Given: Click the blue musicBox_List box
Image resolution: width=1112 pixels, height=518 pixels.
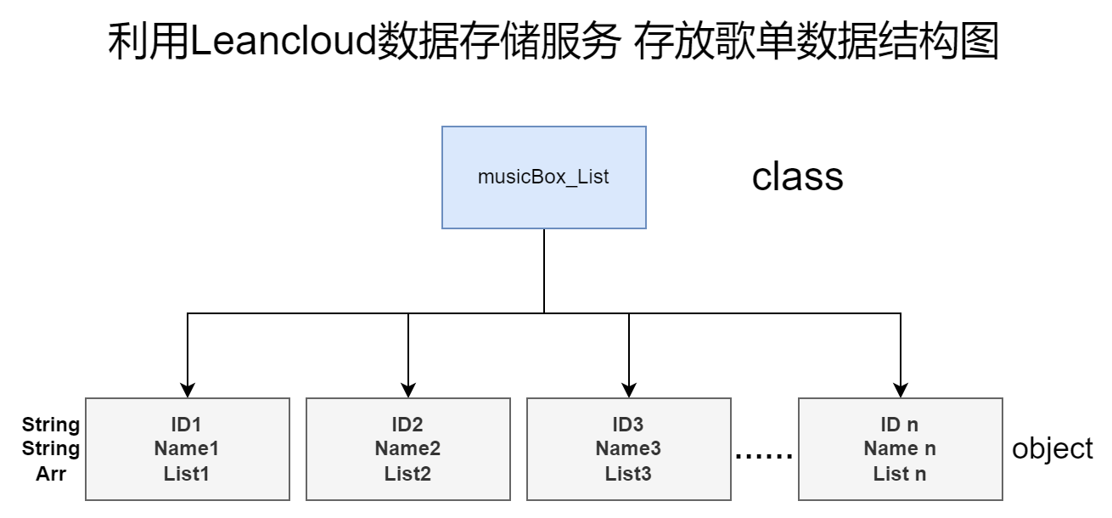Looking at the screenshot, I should [544, 177].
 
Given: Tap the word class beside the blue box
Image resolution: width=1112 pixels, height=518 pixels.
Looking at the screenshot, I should [797, 177].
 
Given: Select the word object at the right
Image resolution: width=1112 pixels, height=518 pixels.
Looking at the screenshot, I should [1053, 449].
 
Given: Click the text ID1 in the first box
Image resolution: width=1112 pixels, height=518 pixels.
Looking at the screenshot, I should [187, 425].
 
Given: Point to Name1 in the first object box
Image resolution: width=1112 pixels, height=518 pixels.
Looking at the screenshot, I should [187, 449].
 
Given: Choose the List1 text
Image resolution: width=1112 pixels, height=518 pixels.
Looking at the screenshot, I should [187, 474].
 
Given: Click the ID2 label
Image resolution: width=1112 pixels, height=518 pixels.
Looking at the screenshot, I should [407, 425].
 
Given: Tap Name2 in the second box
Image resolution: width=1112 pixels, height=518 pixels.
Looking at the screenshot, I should [407, 449].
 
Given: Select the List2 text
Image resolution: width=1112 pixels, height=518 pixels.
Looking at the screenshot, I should [407, 474].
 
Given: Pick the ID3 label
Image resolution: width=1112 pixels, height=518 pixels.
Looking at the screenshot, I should [628, 425].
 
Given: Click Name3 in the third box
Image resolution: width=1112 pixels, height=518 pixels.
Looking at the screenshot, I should [628, 449].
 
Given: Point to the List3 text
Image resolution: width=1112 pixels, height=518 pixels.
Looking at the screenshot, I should [628, 474].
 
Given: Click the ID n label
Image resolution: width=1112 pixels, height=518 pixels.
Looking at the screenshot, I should [900, 425].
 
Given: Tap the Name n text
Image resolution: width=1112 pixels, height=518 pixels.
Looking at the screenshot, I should [900, 449].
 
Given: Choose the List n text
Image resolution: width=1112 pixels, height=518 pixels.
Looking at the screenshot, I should [900, 474].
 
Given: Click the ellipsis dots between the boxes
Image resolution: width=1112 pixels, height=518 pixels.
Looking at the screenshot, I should [764, 457].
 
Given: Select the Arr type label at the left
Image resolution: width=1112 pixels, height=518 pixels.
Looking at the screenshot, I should [51, 474].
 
